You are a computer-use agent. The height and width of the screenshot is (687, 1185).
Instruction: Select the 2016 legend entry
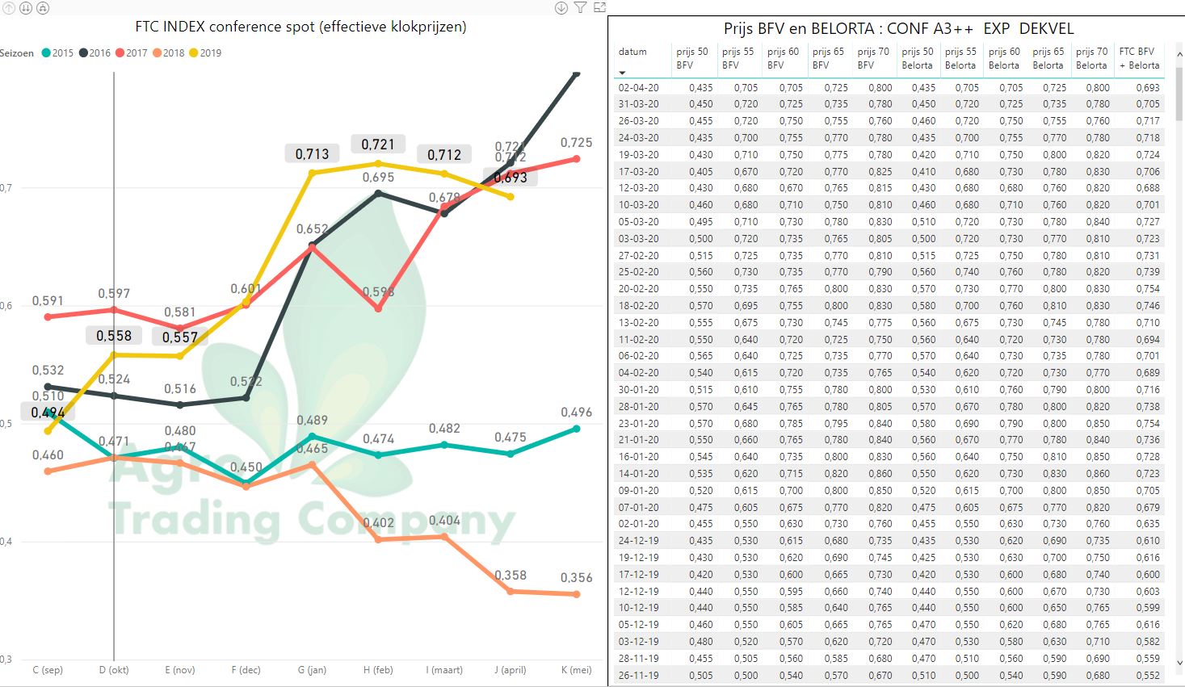coord(95,53)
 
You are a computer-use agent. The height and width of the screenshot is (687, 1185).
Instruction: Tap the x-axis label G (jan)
coord(312,670)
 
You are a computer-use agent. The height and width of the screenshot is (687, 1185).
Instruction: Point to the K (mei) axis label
coord(576,670)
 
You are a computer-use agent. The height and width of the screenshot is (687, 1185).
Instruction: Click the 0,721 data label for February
coord(378,145)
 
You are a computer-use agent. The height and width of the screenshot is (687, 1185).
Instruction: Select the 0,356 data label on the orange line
coord(576,578)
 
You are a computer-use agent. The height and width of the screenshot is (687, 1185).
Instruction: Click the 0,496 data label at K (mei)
coord(576,413)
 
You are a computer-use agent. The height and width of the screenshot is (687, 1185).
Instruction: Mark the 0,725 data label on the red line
coord(576,143)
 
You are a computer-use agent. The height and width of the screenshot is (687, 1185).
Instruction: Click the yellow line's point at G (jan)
coord(312,173)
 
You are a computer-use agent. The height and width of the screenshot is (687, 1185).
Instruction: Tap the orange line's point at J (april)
coord(510,591)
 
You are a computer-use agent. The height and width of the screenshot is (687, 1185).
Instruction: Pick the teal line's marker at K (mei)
coord(577,429)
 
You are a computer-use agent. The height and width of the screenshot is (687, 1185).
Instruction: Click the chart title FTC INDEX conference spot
coord(300,27)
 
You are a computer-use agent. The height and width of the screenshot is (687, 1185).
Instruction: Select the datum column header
coord(632,52)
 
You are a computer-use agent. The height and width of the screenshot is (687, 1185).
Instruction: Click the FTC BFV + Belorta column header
coord(1139,58)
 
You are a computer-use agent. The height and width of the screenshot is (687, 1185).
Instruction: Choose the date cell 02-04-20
coord(638,88)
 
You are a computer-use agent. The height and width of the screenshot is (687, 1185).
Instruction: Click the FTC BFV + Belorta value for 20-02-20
coord(1147,289)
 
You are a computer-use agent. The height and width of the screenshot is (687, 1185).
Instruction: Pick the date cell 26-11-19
coord(638,676)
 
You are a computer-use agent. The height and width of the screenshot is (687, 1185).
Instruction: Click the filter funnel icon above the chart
coord(580,8)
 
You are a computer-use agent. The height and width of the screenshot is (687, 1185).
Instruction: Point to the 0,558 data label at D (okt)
coord(114,336)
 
